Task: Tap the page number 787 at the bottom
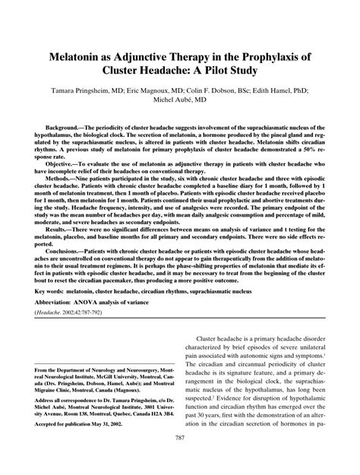click(180, 458)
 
